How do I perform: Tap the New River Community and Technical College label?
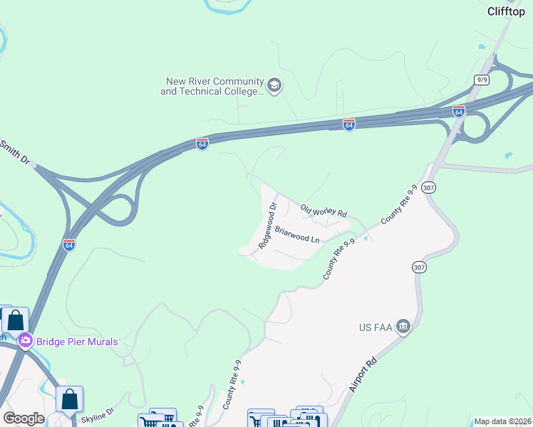212,87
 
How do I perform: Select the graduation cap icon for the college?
274,87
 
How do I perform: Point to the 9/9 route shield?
482,80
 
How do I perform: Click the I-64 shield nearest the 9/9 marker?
459,112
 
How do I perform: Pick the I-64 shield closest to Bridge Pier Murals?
69,244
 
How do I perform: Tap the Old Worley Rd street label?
323,211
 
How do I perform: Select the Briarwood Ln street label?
296,235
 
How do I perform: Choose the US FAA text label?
375,328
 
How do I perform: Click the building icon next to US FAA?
403,327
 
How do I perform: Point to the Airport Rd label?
363,376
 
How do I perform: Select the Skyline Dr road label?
98,417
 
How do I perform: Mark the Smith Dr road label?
16,149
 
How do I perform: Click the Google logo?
24,418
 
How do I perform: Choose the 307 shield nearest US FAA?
418,267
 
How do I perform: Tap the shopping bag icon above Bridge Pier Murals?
16,322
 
